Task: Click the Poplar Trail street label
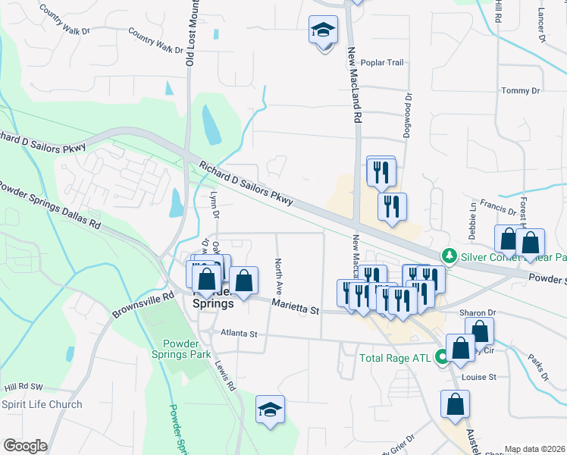(382, 63)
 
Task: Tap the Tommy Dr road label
(521, 91)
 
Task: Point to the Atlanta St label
(240, 333)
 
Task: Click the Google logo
(24, 446)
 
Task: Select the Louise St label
(481, 377)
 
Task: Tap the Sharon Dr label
(477, 312)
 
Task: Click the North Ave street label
(278, 278)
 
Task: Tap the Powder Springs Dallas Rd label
(50, 205)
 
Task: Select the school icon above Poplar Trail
(323, 32)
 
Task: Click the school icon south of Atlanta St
(270, 410)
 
